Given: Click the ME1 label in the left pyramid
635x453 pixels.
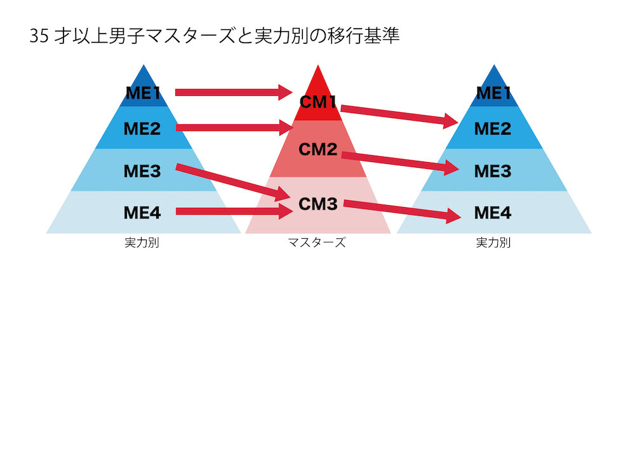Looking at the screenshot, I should pos(143,93).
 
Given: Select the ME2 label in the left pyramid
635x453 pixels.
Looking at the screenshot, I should pos(142,129).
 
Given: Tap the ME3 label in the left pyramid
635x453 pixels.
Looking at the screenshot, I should pos(142,171).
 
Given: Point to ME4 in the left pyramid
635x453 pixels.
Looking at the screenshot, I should pos(142,213).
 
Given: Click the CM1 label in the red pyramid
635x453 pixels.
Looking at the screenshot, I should pos(317,102).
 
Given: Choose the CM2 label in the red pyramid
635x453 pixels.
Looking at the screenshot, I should pos(317,150).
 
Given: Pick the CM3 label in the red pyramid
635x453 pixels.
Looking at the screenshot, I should pos(317,205).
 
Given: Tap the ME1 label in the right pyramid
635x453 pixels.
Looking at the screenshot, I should pos(493,93).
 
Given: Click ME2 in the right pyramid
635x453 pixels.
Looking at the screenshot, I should pos(493,129).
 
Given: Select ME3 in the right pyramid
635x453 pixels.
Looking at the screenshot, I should pos(493,171).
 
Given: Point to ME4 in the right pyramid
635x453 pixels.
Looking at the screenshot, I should pos(493,213).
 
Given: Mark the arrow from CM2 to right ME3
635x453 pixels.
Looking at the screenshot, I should pos(400,161).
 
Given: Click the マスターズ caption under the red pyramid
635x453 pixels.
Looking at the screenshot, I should pos(317,243).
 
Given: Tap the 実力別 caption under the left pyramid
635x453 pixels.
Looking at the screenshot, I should pos(142,243).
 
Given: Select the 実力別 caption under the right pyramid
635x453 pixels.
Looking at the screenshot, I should pos(493,243).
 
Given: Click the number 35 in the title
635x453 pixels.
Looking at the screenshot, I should pos(38,36).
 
